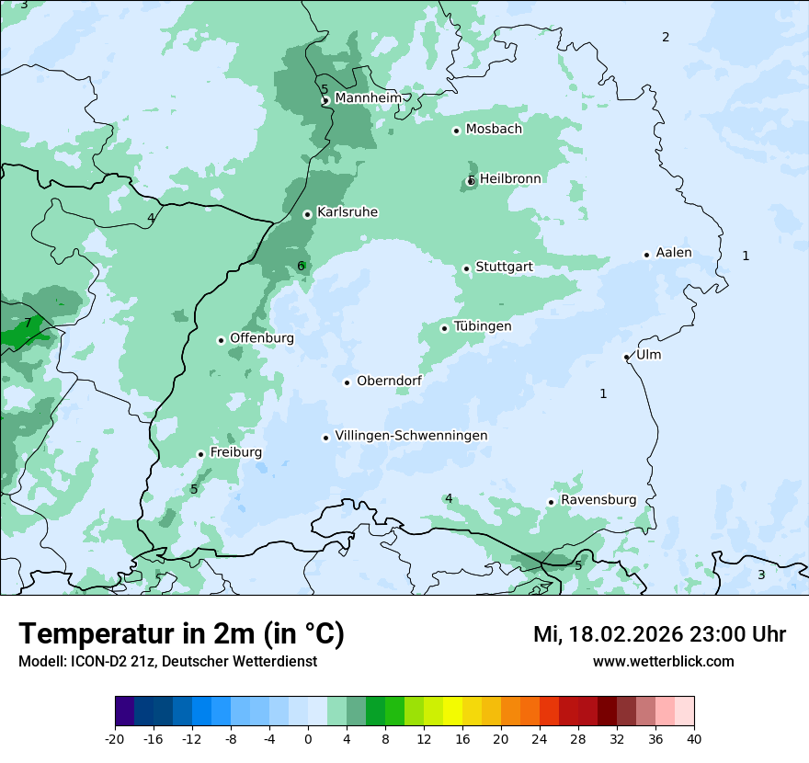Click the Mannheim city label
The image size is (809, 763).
(368, 97)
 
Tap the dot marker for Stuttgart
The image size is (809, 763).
(466, 268)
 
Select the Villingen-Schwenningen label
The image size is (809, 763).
(411, 436)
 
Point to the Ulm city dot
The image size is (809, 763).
(627, 357)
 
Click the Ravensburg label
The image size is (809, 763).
(598, 500)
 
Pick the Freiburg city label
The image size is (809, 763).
(235, 452)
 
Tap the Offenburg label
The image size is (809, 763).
(262, 338)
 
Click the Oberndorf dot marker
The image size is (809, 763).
(347, 382)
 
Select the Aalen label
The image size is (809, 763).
(674, 253)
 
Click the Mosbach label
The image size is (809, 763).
(494, 130)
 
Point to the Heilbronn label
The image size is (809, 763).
(510, 178)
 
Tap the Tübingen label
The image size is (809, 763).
(483, 326)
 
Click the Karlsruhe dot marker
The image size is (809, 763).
(307, 214)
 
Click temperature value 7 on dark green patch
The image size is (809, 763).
(28, 323)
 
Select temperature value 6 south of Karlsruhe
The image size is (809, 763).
(301, 267)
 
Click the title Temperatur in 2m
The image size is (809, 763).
(182, 633)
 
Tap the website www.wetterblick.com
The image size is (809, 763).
(663, 661)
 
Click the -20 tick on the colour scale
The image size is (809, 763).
(115, 739)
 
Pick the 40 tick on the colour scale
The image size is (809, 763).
(694, 739)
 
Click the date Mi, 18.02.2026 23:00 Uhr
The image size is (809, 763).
(659, 634)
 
